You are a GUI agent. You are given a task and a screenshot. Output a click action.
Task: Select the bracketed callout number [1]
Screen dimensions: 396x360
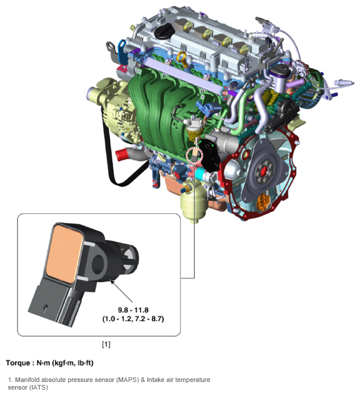tap(106, 344)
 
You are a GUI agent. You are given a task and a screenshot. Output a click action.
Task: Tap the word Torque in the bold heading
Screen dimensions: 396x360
tap(19, 363)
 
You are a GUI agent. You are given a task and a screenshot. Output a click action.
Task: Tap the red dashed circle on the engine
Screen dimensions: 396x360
tap(193, 156)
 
